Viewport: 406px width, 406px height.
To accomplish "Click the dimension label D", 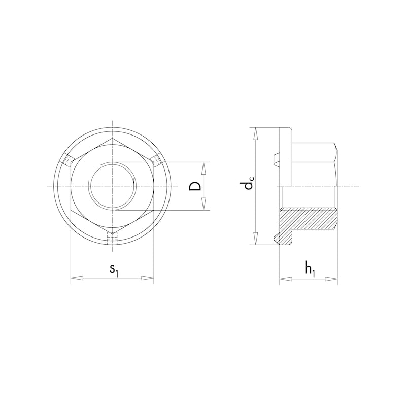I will pyautogui.click(x=194, y=186).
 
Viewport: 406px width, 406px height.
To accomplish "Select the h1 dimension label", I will pyautogui.click(x=309, y=269).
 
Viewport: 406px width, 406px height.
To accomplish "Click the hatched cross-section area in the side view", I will pyautogui.click(x=310, y=219).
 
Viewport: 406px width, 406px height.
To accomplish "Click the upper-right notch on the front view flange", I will pyautogui.click(x=156, y=160).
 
